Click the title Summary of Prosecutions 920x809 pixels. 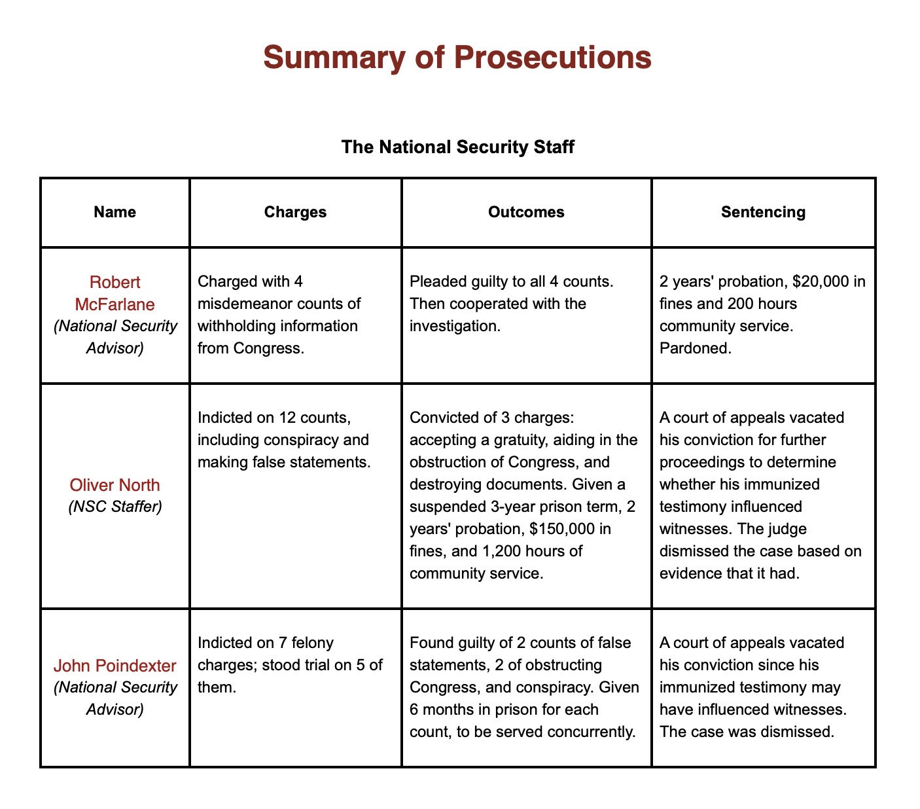click(457, 58)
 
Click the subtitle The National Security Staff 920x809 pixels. click(457, 147)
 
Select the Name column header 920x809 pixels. click(115, 212)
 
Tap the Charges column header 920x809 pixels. click(295, 212)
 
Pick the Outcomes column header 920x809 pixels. click(526, 212)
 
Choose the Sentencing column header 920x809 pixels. click(763, 212)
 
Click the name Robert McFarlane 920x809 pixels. click(115, 293)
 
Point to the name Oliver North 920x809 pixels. click(115, 485)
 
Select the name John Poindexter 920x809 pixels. click(115, 666)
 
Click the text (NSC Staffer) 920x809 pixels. click(115, 507)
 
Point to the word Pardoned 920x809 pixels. click(695, 348)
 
